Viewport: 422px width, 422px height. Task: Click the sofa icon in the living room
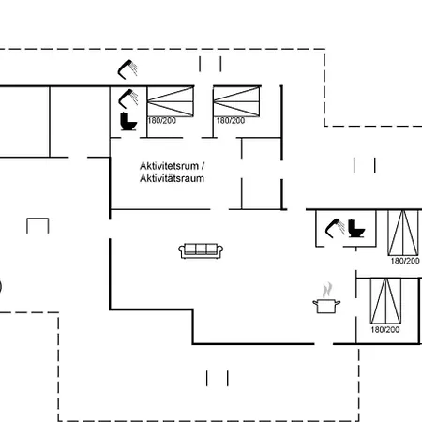(201, 250)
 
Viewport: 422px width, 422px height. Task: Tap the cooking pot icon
(326, 306)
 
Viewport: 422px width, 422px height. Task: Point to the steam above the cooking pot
(327, 291)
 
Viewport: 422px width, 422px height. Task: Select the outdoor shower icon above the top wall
(128, 69)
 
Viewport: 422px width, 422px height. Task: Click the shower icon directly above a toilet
(128, 98)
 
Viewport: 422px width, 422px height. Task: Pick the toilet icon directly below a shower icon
(128, 122)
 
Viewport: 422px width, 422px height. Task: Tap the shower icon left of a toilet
(335, 228)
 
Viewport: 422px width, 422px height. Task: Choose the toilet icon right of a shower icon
(356, 228)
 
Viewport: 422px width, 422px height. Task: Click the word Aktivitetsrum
(169, 166)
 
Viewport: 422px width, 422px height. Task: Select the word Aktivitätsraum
(172, 178)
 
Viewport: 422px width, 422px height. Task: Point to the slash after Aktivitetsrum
(203, 166)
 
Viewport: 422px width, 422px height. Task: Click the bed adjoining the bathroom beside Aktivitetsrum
(171, 102)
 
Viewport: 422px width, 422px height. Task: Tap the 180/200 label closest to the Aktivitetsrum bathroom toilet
(161, 121)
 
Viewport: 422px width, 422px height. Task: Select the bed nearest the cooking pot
(385, 301)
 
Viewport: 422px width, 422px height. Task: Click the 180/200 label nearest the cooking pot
(385, 329)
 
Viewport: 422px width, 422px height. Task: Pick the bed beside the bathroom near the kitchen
(403, 233)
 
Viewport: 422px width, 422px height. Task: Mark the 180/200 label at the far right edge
(405, 261)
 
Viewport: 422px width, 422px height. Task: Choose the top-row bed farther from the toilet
(236, 102)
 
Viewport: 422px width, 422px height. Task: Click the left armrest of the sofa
(181, 251)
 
